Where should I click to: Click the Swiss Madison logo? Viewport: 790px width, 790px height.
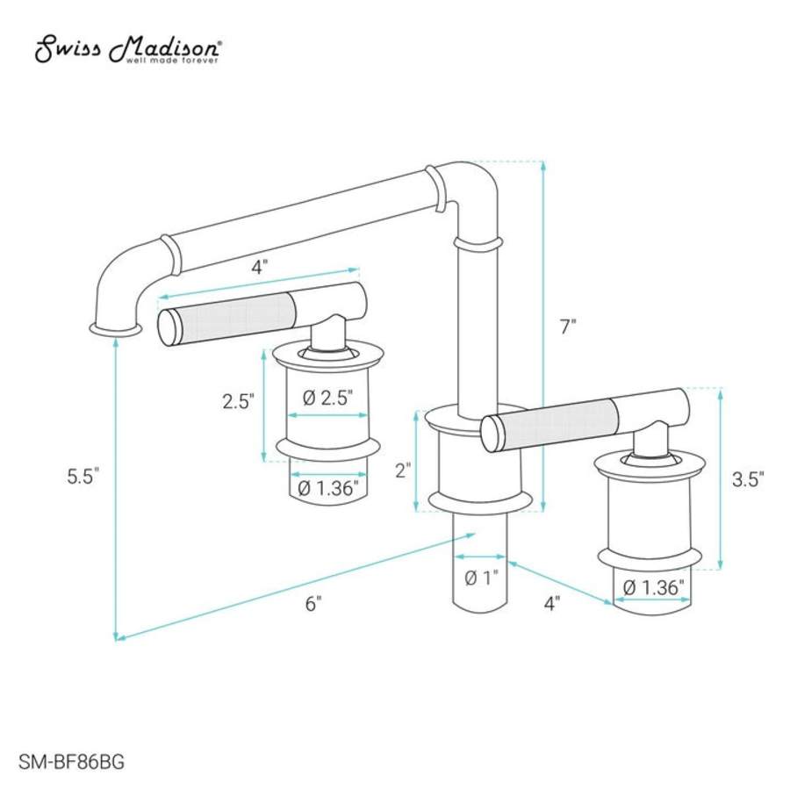(127, 49)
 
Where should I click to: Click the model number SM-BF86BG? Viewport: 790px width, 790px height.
(72, 761)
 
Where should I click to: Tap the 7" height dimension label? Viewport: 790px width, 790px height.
(568, 327)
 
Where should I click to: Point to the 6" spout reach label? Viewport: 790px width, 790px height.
(313, 603)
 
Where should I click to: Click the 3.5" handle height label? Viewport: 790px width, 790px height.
(748, 479)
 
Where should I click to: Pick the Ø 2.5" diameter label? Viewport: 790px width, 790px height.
(327, 398)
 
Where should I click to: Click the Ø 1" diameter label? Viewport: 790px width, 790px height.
(481, 578)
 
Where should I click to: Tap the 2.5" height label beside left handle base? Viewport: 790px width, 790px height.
(238, 401)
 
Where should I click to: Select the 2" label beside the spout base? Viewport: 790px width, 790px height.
(404, 470)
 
